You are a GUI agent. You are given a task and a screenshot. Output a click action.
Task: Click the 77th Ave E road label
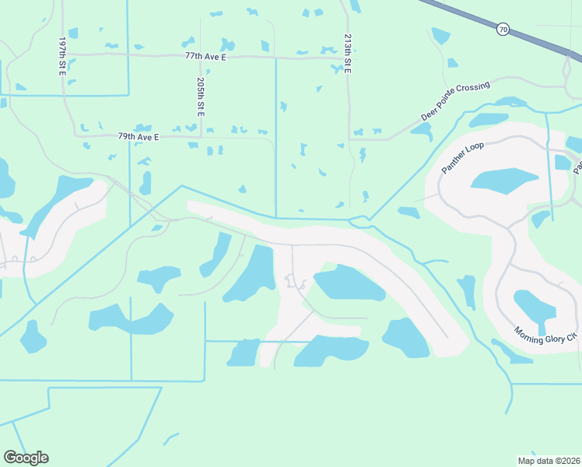click(205, 56)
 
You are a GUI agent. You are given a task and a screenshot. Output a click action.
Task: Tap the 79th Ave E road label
click(138, 136)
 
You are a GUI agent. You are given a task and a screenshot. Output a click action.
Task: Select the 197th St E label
click(62, 54)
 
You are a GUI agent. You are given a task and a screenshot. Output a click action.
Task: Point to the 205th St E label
click(201, 97)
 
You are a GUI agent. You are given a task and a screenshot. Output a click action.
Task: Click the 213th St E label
click(347, 54)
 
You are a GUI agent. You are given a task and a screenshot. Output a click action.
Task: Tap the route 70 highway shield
click(503, 30)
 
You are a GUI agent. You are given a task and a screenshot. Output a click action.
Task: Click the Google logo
click(26, 458)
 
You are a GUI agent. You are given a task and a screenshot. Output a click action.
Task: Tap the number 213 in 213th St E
click(347, 43)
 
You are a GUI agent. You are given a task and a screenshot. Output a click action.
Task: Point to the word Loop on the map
click(476, 149)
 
